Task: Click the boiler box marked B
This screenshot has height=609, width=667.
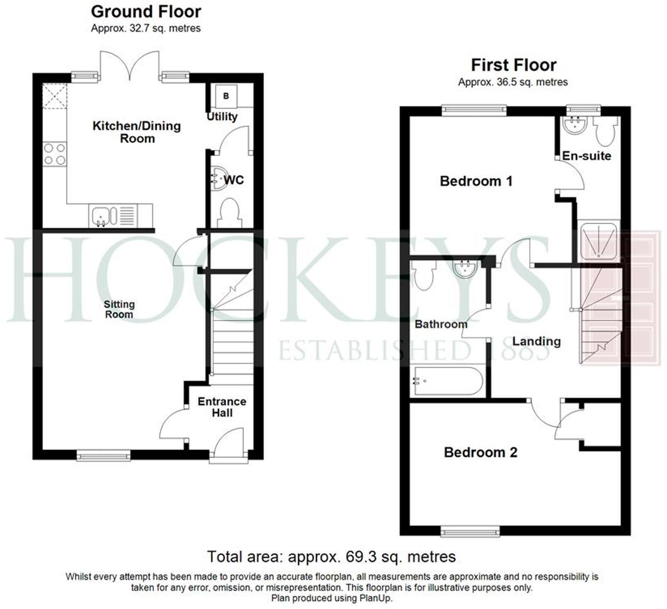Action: point(226,96)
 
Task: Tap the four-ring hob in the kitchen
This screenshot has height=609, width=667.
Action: point(55,154)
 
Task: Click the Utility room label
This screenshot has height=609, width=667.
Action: point(222,116)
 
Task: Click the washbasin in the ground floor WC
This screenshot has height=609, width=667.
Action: point(219,179)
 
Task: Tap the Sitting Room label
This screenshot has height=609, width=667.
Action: point(119,309)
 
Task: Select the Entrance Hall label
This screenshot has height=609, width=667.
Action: point(222,407)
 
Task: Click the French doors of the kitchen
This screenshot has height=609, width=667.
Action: point(130,66)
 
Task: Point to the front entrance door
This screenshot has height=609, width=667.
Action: point(229,444)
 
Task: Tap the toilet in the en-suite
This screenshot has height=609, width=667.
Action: point(605,131)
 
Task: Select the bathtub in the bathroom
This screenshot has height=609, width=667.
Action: point(447,381)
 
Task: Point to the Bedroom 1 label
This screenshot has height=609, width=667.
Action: point(476,181)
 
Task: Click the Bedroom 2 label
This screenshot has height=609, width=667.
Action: point(480,452)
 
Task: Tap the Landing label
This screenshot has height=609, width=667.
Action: point(536,341)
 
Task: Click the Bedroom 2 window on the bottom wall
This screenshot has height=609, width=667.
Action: point(470,531)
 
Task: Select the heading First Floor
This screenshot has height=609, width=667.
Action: point(513,65)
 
